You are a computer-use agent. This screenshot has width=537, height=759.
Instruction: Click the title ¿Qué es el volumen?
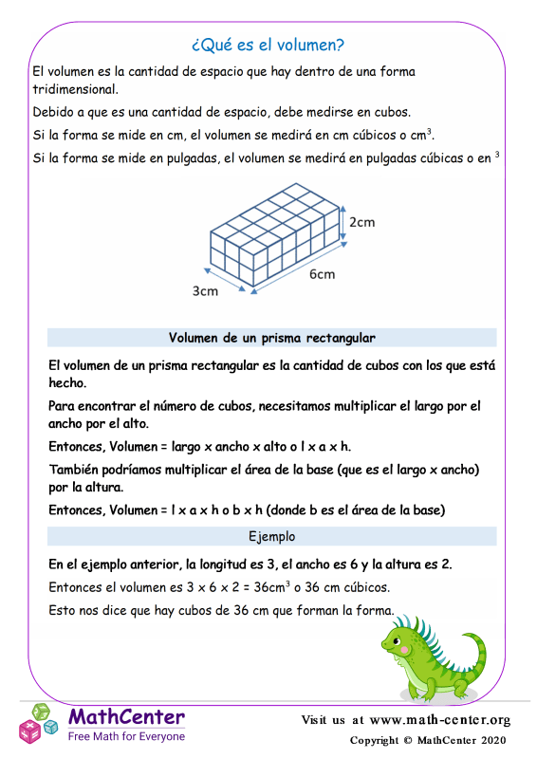point(268,45)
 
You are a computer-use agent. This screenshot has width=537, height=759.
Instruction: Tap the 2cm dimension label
point(361,222)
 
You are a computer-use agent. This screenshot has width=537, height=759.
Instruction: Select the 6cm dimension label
point(322,275)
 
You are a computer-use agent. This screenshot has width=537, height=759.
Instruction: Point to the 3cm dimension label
point(205,291)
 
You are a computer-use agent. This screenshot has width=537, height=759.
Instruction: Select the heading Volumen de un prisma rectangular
point(271,338)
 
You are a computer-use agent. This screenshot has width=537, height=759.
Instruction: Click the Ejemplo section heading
point(271,536)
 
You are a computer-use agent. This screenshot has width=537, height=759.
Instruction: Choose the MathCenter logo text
point(126,716)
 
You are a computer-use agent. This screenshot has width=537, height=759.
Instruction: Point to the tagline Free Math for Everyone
point(126,735)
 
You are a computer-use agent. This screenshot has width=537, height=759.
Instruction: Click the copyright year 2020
point(491,740)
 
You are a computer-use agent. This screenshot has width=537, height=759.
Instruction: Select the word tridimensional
point(74,90)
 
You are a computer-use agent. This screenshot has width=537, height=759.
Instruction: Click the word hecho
point(66,383)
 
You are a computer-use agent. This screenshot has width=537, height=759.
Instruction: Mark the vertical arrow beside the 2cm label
point(343,224)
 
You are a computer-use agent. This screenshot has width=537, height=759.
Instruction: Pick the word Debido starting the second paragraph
point(53,112)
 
